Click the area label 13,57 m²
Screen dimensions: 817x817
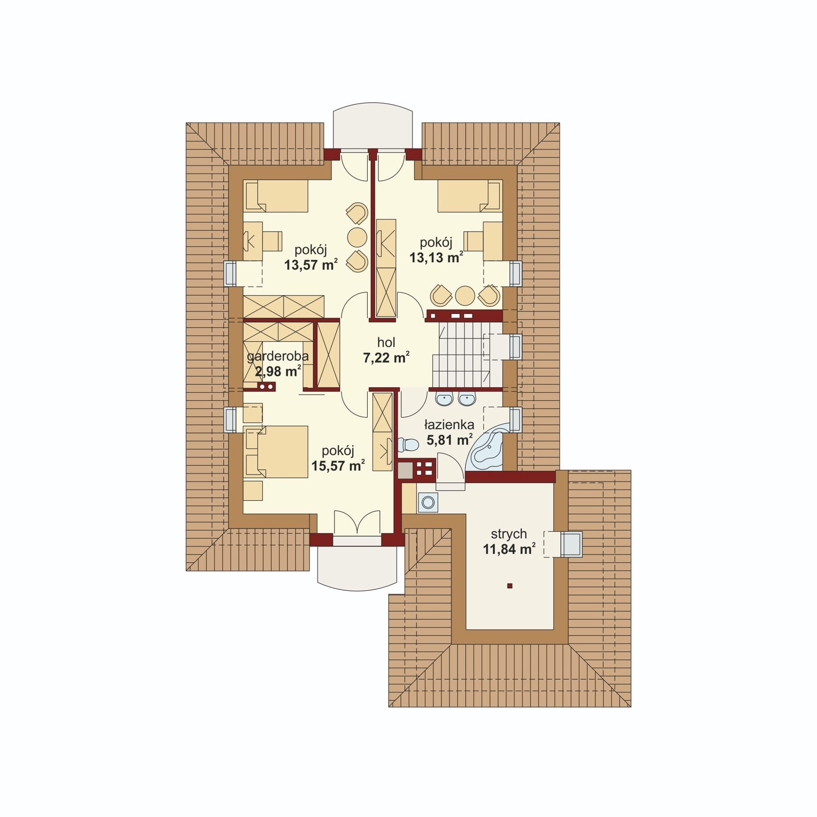(310, 265)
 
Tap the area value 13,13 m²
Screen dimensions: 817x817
(436, 257)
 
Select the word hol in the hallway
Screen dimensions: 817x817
(386, 343)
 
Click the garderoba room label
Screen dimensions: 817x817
(278, 356)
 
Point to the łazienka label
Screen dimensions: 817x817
(449, 425)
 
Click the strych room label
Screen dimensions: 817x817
(509, 534)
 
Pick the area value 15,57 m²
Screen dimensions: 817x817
(338, 466)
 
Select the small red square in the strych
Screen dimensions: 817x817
(510, 586)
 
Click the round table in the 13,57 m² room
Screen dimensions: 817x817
(357, 237)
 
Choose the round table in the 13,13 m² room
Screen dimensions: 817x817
(465, 295)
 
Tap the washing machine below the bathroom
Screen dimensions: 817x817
(427, 502)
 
